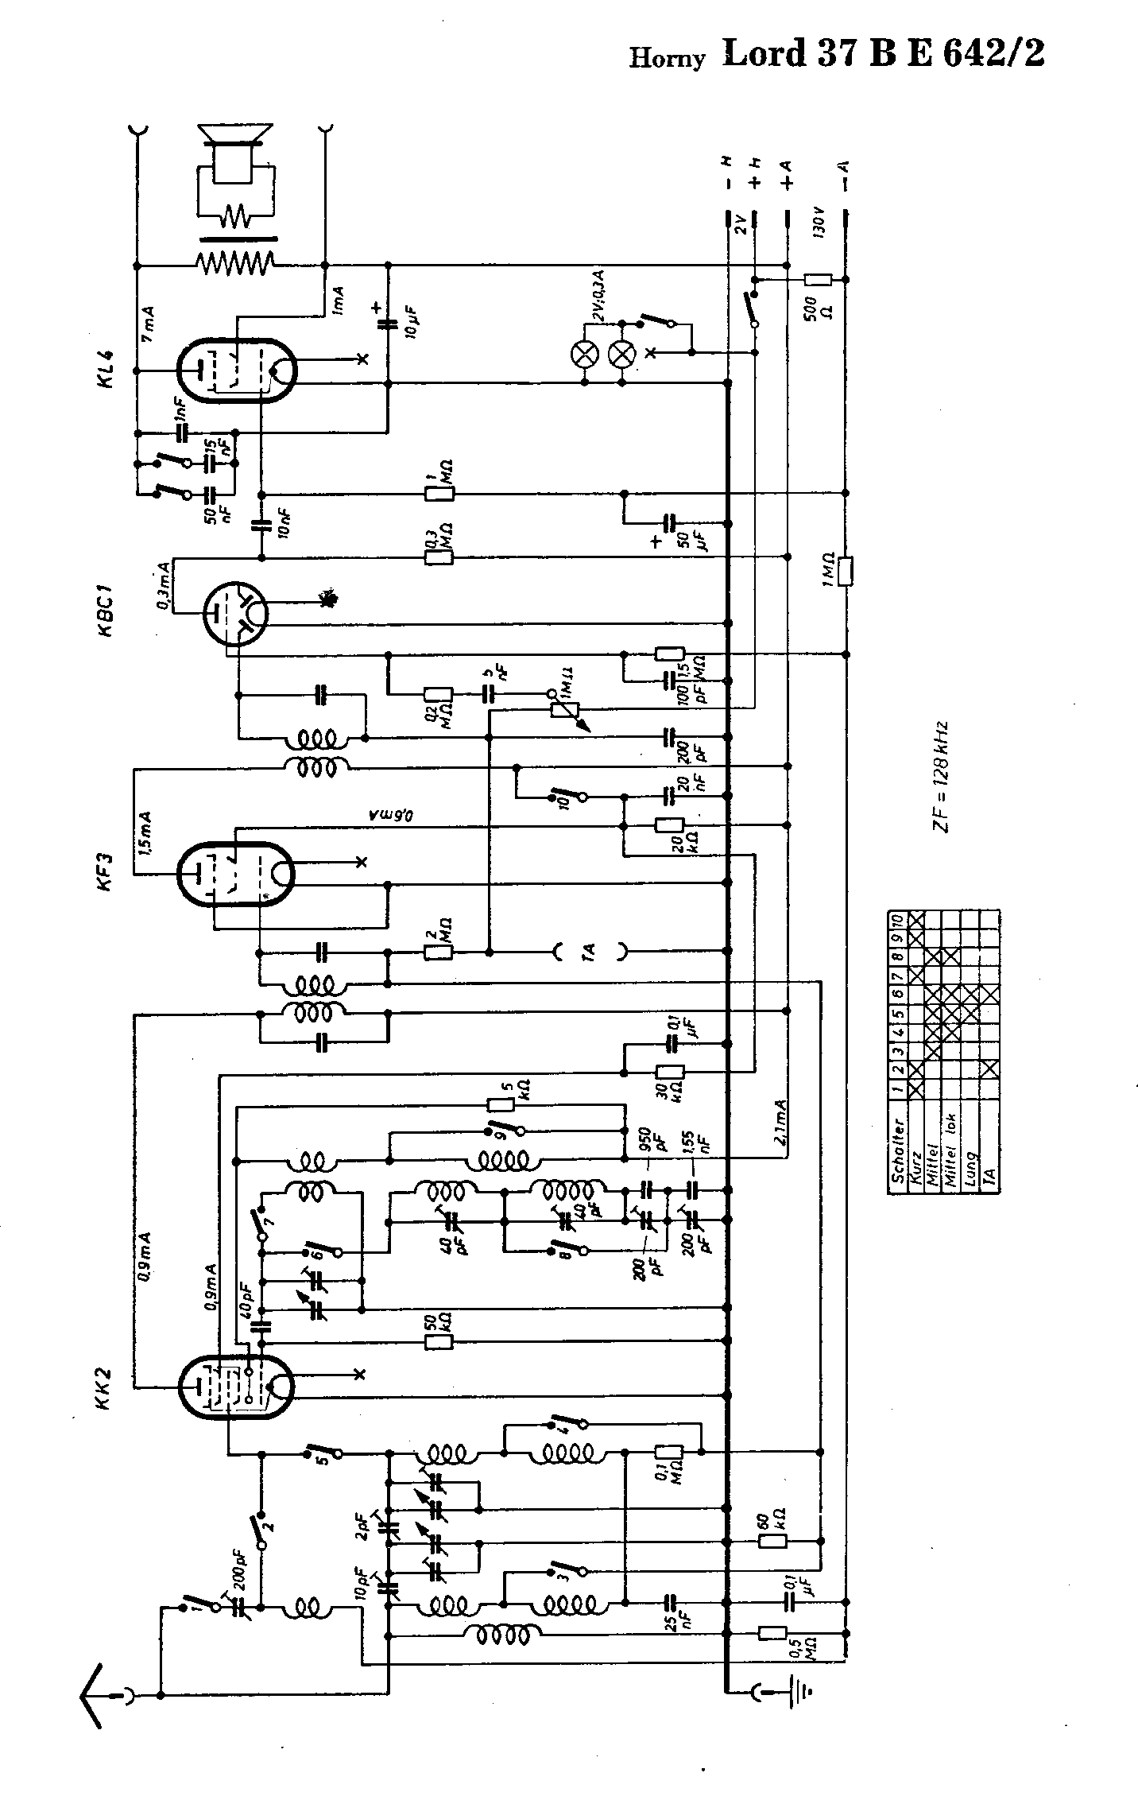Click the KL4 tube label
(x=109, y=369)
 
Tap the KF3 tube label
(x=109, y=873)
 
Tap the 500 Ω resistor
(x=818, y=280)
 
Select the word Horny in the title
(x=667, y=59)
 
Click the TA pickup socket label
(x=590, y=950)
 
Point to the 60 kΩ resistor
(x=772, y=1542)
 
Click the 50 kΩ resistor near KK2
(x=439, y=1341)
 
